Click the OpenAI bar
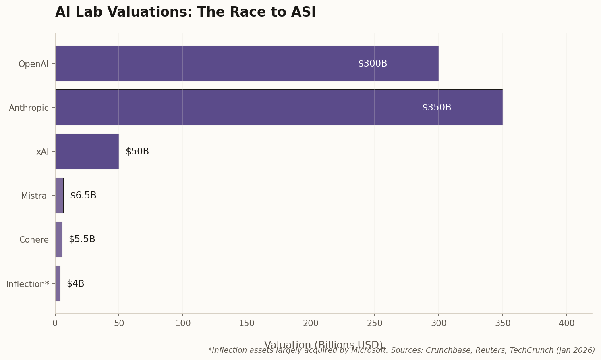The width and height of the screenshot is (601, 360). tap(247, 63)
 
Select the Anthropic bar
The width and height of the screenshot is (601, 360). tap(279, 107)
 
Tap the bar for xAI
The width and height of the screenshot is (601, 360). tap(87, 152)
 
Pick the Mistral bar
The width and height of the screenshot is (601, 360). tap(59, 196)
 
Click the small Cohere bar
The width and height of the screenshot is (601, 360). tap(59, 239)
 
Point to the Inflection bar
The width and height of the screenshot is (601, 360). tap(58, 283)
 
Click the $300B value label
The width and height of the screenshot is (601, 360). tap(372, 64)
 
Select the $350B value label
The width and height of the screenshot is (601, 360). tap(436, 108)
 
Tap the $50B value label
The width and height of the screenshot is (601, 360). tap(137, 152)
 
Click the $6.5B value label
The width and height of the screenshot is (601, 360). tap(83, 196)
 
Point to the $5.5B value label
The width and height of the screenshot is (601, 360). tap(82, 239)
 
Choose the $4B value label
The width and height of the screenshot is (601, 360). tap(75, 283)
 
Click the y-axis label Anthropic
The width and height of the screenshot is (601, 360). tap(29, 108)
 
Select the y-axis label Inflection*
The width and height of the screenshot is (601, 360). tap(27, 284)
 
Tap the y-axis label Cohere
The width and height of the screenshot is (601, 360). tap(34, 240)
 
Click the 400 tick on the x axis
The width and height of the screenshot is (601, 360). tap(566, 323)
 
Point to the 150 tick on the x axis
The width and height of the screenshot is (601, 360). tap(247, 323)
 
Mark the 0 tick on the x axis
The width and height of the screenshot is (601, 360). tap(55, 323)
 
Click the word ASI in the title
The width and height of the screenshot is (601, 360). tap(304, 12)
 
